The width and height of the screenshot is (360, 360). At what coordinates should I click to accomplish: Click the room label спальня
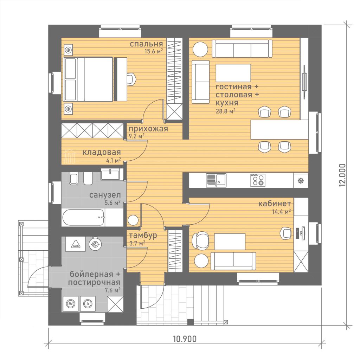coord(146,44)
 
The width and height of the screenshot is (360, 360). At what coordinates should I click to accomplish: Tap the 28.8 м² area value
coord(225,111)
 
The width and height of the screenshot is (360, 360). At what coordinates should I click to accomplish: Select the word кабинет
coord(275,204)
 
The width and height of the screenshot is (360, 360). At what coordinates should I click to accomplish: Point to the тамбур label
coord(143,235)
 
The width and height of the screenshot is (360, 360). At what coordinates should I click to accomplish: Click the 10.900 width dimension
coord(185,339)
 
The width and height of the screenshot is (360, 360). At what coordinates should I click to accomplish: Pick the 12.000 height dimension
coord(342,175)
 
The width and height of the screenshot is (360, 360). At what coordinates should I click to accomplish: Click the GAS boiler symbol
coord(76,244)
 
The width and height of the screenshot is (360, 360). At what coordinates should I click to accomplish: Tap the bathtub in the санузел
coord(83,217)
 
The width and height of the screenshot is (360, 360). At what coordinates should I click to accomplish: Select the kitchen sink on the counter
coord(216,180)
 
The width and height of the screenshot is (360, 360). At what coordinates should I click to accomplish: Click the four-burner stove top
coord(258,180)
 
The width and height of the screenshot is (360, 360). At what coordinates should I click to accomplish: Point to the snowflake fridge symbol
coord(301,180)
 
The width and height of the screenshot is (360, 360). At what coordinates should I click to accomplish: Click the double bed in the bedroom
coord(88,79)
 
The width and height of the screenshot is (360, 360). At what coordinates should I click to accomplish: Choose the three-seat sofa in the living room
coord(242,49)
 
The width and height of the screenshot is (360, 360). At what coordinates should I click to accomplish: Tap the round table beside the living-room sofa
coord(200,49)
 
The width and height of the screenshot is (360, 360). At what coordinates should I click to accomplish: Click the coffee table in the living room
coord(233,73)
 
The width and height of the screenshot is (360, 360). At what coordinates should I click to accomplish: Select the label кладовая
coord(102,152)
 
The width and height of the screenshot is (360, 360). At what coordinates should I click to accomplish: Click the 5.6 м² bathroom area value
coord(112,203)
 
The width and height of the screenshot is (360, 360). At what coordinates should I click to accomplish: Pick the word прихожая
coord(148,129)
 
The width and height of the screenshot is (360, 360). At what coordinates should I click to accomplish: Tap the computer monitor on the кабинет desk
coord(303,233)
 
